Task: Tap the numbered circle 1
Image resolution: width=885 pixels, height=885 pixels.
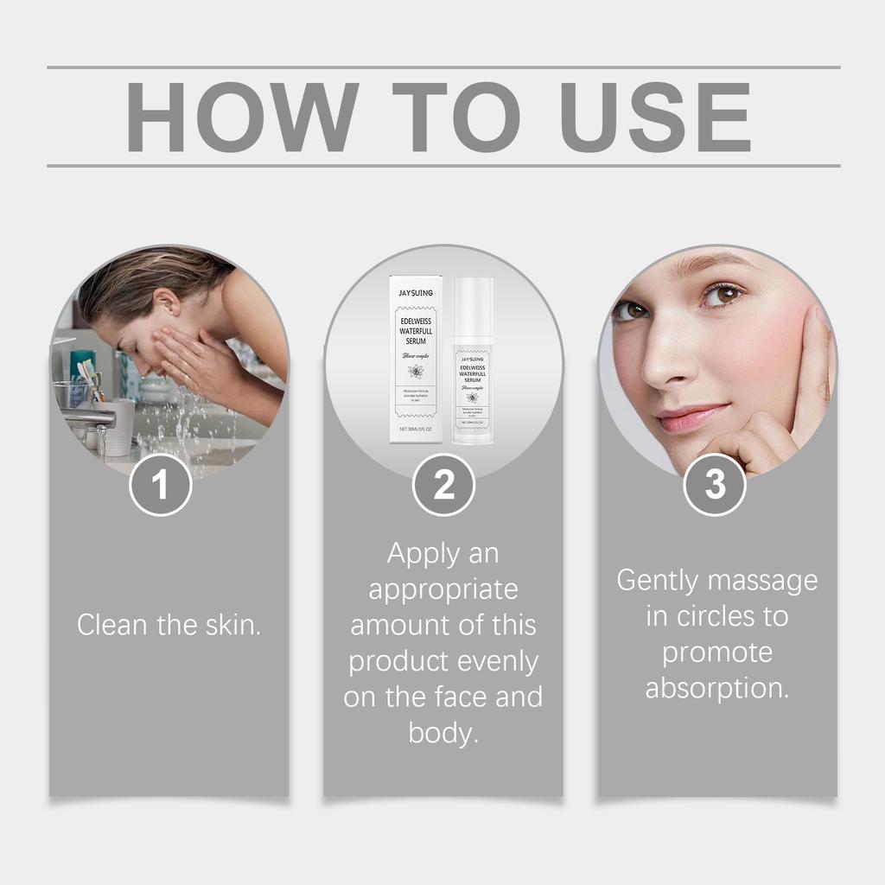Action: (161, 485)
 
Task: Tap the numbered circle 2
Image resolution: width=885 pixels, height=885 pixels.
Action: (443, 485)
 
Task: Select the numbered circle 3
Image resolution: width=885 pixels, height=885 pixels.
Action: (715, 485)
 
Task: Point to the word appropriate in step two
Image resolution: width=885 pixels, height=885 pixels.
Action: (443, 589)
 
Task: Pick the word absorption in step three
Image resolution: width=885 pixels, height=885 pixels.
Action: (716, 689)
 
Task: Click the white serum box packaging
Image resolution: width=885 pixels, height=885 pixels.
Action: (416, 359)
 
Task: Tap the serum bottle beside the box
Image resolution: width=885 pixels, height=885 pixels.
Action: (473, 363)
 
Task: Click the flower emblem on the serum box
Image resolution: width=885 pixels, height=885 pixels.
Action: (416, 372)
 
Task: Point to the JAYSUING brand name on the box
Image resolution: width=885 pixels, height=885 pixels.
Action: (416, 291)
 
